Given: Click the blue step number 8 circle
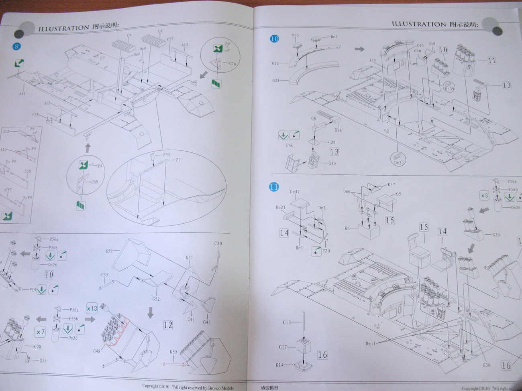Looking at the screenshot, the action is pos(16,46).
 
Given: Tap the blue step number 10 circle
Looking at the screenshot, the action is pos(275,39).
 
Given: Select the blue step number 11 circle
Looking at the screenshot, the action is pos(274,187).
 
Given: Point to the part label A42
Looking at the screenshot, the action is pos(22,93).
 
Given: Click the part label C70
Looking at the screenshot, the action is pos(233,64).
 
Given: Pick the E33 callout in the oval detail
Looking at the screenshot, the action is pos(166,154).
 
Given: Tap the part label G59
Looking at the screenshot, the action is pos(109,251).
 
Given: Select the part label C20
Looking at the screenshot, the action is pos(218,243).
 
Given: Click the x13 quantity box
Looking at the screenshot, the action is pos(92,309).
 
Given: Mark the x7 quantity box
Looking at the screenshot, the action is pos(41,332).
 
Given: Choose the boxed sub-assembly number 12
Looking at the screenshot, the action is pos(168,325).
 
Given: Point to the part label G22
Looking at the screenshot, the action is pos(275,63).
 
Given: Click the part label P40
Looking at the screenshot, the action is pos(290,146).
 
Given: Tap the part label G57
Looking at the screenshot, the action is pos(391,185).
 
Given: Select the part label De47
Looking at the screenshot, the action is pos(295,192).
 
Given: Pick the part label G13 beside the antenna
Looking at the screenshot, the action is pos(287,322).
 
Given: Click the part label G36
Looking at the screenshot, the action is pos(487,365).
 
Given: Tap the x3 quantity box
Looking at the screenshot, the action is pos(484,196).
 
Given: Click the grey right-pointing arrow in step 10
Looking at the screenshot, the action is pos(359,49).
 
